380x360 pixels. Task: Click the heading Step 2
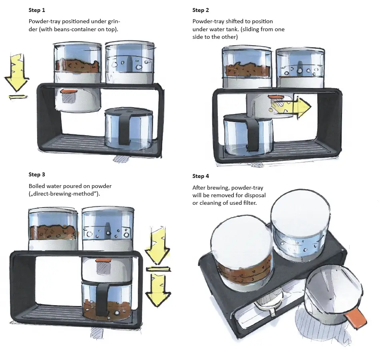click(201, 10)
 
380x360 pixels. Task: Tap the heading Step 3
click(37, 174)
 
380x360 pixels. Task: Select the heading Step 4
click(201, 176)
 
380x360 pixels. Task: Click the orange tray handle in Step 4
click(356, 318)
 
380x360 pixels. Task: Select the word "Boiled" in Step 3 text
click(36, 186)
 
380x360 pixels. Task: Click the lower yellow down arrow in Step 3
click(158, 288)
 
